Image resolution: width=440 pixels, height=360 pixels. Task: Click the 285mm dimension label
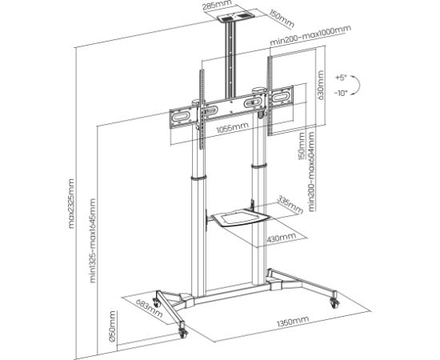(211, 6)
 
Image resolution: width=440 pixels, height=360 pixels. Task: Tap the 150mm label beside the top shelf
(258, 15)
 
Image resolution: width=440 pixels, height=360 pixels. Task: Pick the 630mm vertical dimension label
(322, 86)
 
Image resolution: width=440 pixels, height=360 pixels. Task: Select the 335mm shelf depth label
(290, 207)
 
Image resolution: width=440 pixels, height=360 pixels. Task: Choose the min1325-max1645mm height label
(93, 240)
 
